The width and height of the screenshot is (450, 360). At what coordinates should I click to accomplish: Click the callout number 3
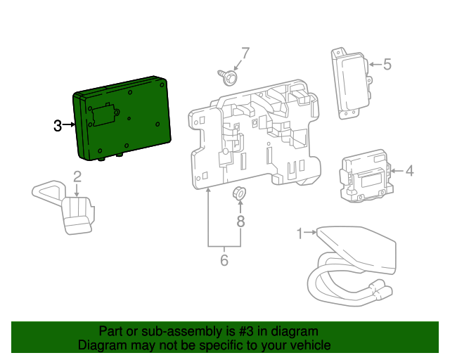[x=58, y=126]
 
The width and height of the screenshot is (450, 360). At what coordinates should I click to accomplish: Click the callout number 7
[x=245, y=53]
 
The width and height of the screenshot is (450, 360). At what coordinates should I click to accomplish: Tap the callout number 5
[x=387, y=65]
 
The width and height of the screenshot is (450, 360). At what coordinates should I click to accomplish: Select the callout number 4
[x=409, y=170]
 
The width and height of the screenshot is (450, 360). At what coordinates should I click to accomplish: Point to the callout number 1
[x=300, y=232]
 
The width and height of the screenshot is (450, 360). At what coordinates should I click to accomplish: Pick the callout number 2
[x=77, y=176]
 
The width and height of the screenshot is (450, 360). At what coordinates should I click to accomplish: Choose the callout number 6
[x=224, y=260]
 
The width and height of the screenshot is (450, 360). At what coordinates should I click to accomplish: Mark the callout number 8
[x=240, y=221]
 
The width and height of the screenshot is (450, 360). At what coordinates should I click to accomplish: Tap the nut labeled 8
[x=240, y=192]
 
